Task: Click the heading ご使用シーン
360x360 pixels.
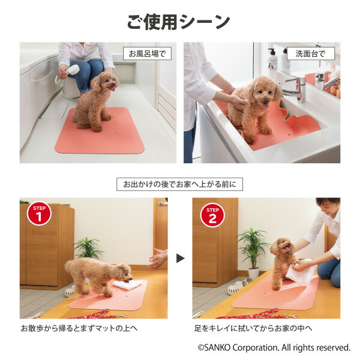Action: (178, 22)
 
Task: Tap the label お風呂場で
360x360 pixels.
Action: (147, 54)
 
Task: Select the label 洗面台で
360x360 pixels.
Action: (311, 54)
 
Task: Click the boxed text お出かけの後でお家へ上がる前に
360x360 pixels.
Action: (179, 184)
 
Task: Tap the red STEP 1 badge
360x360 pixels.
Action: (39, 214)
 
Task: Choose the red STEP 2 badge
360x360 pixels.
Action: (212, 215)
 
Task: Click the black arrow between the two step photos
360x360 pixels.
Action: (180, 258)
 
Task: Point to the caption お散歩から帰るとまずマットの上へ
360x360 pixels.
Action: (79, 328)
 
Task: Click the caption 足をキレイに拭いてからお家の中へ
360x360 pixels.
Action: (253, 328)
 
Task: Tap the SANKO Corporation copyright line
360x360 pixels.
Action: (274, 347)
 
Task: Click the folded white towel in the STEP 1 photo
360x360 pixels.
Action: (127, 284)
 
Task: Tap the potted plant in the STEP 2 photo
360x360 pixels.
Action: (253, 253)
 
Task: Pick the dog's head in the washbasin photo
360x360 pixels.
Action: (263, 91)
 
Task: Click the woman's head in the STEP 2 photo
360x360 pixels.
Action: (328, 205)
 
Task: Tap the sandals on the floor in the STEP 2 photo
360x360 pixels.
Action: (239, 286)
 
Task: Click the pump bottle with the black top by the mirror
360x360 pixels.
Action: (272, 61)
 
